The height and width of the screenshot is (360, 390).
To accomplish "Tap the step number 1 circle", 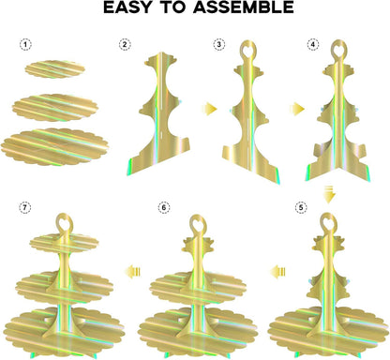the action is (x=26, y=45).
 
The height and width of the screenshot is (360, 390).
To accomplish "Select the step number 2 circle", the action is (x=125, y=45).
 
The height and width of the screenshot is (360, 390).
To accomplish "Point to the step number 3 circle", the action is (x=218, y=45).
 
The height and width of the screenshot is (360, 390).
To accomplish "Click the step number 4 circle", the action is (x=313, y=45).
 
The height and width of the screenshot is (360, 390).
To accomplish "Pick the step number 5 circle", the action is (x=301, y=207).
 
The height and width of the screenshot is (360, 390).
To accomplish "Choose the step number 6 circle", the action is (x=164, y=207).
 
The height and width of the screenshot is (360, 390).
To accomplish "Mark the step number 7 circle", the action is (x=25, y=207).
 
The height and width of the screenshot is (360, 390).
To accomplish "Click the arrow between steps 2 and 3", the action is (x=209, y=109).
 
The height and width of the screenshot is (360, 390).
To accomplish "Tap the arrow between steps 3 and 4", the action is (x=297, y=109).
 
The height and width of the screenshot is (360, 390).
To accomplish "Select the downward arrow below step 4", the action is (x=329, y=194).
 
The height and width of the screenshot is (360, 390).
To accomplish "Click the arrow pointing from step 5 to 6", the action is (x=277, y=271).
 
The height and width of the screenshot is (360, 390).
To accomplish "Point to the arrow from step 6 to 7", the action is (x=132, y=271).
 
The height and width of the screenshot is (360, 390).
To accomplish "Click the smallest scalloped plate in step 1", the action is (x=55, y=69).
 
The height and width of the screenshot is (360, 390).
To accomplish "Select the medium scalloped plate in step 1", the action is (x=55, y=108).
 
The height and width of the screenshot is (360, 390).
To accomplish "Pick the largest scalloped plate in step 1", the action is (x=54, y=147).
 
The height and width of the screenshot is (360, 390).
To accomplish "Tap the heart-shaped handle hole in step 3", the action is (x=247, y=50).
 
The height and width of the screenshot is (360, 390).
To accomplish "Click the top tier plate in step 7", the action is (x=64, y=244).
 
